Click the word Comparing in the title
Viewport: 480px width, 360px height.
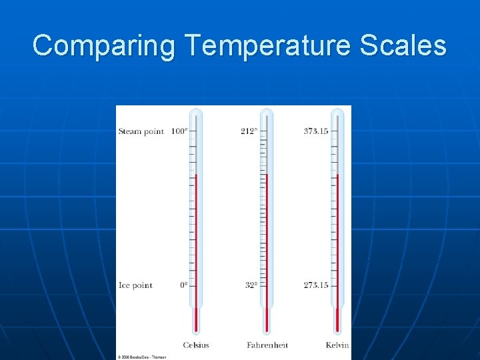point(104,46)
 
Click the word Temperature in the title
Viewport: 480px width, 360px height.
point(268,46)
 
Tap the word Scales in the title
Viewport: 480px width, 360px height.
point(403,46)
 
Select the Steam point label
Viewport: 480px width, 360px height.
point(141,131)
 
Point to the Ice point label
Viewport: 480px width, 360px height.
point(135,285)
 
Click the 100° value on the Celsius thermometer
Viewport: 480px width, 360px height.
point(179,131)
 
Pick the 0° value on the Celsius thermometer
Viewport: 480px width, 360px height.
point(183,285)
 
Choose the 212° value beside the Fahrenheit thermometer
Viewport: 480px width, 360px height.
point(249,131)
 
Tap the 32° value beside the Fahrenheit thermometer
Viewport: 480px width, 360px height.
point(251,285)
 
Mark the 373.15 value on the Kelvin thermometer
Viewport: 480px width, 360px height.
point(316,131)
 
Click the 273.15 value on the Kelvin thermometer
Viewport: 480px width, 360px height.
point(316,285)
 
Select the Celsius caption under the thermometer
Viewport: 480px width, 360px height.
point(196,345)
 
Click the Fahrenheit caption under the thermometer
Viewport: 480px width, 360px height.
point(267,345)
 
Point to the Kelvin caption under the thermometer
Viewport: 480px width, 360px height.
point(337,345)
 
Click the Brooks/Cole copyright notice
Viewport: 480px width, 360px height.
point(142,357)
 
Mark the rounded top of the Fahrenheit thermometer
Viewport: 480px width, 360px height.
point(267,112)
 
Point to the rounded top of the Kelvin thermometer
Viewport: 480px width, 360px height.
point(337,112)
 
